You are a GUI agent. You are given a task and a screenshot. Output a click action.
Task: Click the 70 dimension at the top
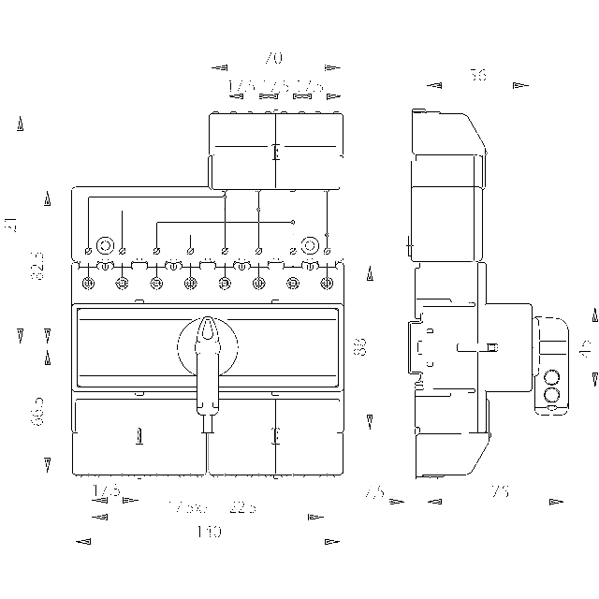tap(273, 57)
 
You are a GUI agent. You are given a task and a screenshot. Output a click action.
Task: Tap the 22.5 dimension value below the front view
tap(241, 507)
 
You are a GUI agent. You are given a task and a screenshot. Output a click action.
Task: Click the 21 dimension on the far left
tap(11, 224)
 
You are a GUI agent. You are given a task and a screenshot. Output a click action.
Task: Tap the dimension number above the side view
tap(478, 76)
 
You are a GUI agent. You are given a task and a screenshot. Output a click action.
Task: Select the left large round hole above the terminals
tap(105, 246)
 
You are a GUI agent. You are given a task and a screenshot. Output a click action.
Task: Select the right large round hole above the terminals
tap(308, 246)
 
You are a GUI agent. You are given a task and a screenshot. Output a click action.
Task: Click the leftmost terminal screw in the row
tap(87, 283)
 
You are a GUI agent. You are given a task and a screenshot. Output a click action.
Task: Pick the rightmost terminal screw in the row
tap(326, 283)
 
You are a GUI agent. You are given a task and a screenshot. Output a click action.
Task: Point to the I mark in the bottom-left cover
tap(139, 435)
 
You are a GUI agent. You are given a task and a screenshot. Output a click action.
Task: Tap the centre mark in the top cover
tap(275, 153)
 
